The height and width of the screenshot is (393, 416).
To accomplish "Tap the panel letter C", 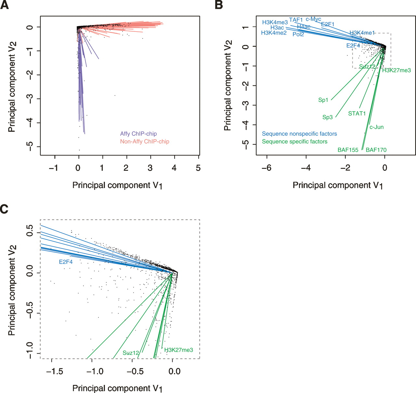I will [x=5, y=209].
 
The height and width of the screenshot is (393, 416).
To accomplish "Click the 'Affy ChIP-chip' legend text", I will [x=138, y=133].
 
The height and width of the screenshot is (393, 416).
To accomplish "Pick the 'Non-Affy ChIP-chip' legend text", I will [x=145, y=141].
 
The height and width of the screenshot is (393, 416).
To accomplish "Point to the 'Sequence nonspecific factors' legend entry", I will [x=299, y=133].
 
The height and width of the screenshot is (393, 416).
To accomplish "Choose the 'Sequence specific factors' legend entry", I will [x=294, y=141].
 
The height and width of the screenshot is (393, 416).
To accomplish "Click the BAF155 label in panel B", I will [x=348, y=150].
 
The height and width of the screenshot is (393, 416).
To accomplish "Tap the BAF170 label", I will [x=376, y=150].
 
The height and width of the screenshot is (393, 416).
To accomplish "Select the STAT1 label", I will [x=357, y=113].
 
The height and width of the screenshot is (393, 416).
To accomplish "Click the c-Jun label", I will [x=376, y=127].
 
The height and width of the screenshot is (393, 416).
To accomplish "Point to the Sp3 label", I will [x=327, y=117].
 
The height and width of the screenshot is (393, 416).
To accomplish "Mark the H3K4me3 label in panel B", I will [x=275, y=22].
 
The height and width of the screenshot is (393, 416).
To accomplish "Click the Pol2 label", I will [x=298, y=34].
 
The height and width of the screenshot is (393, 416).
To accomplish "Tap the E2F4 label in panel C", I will [x=66, y=261].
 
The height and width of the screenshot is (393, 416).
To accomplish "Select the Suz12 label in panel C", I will [x=131, y=353].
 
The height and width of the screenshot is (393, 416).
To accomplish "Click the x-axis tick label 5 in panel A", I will [x=198, y=168].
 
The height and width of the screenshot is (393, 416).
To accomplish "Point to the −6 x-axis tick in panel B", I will [x=266, y=168].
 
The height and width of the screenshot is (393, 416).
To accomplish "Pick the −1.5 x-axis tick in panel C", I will [x=55, y=371].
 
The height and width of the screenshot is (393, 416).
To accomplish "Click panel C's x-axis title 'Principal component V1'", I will [x=117, y=388].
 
